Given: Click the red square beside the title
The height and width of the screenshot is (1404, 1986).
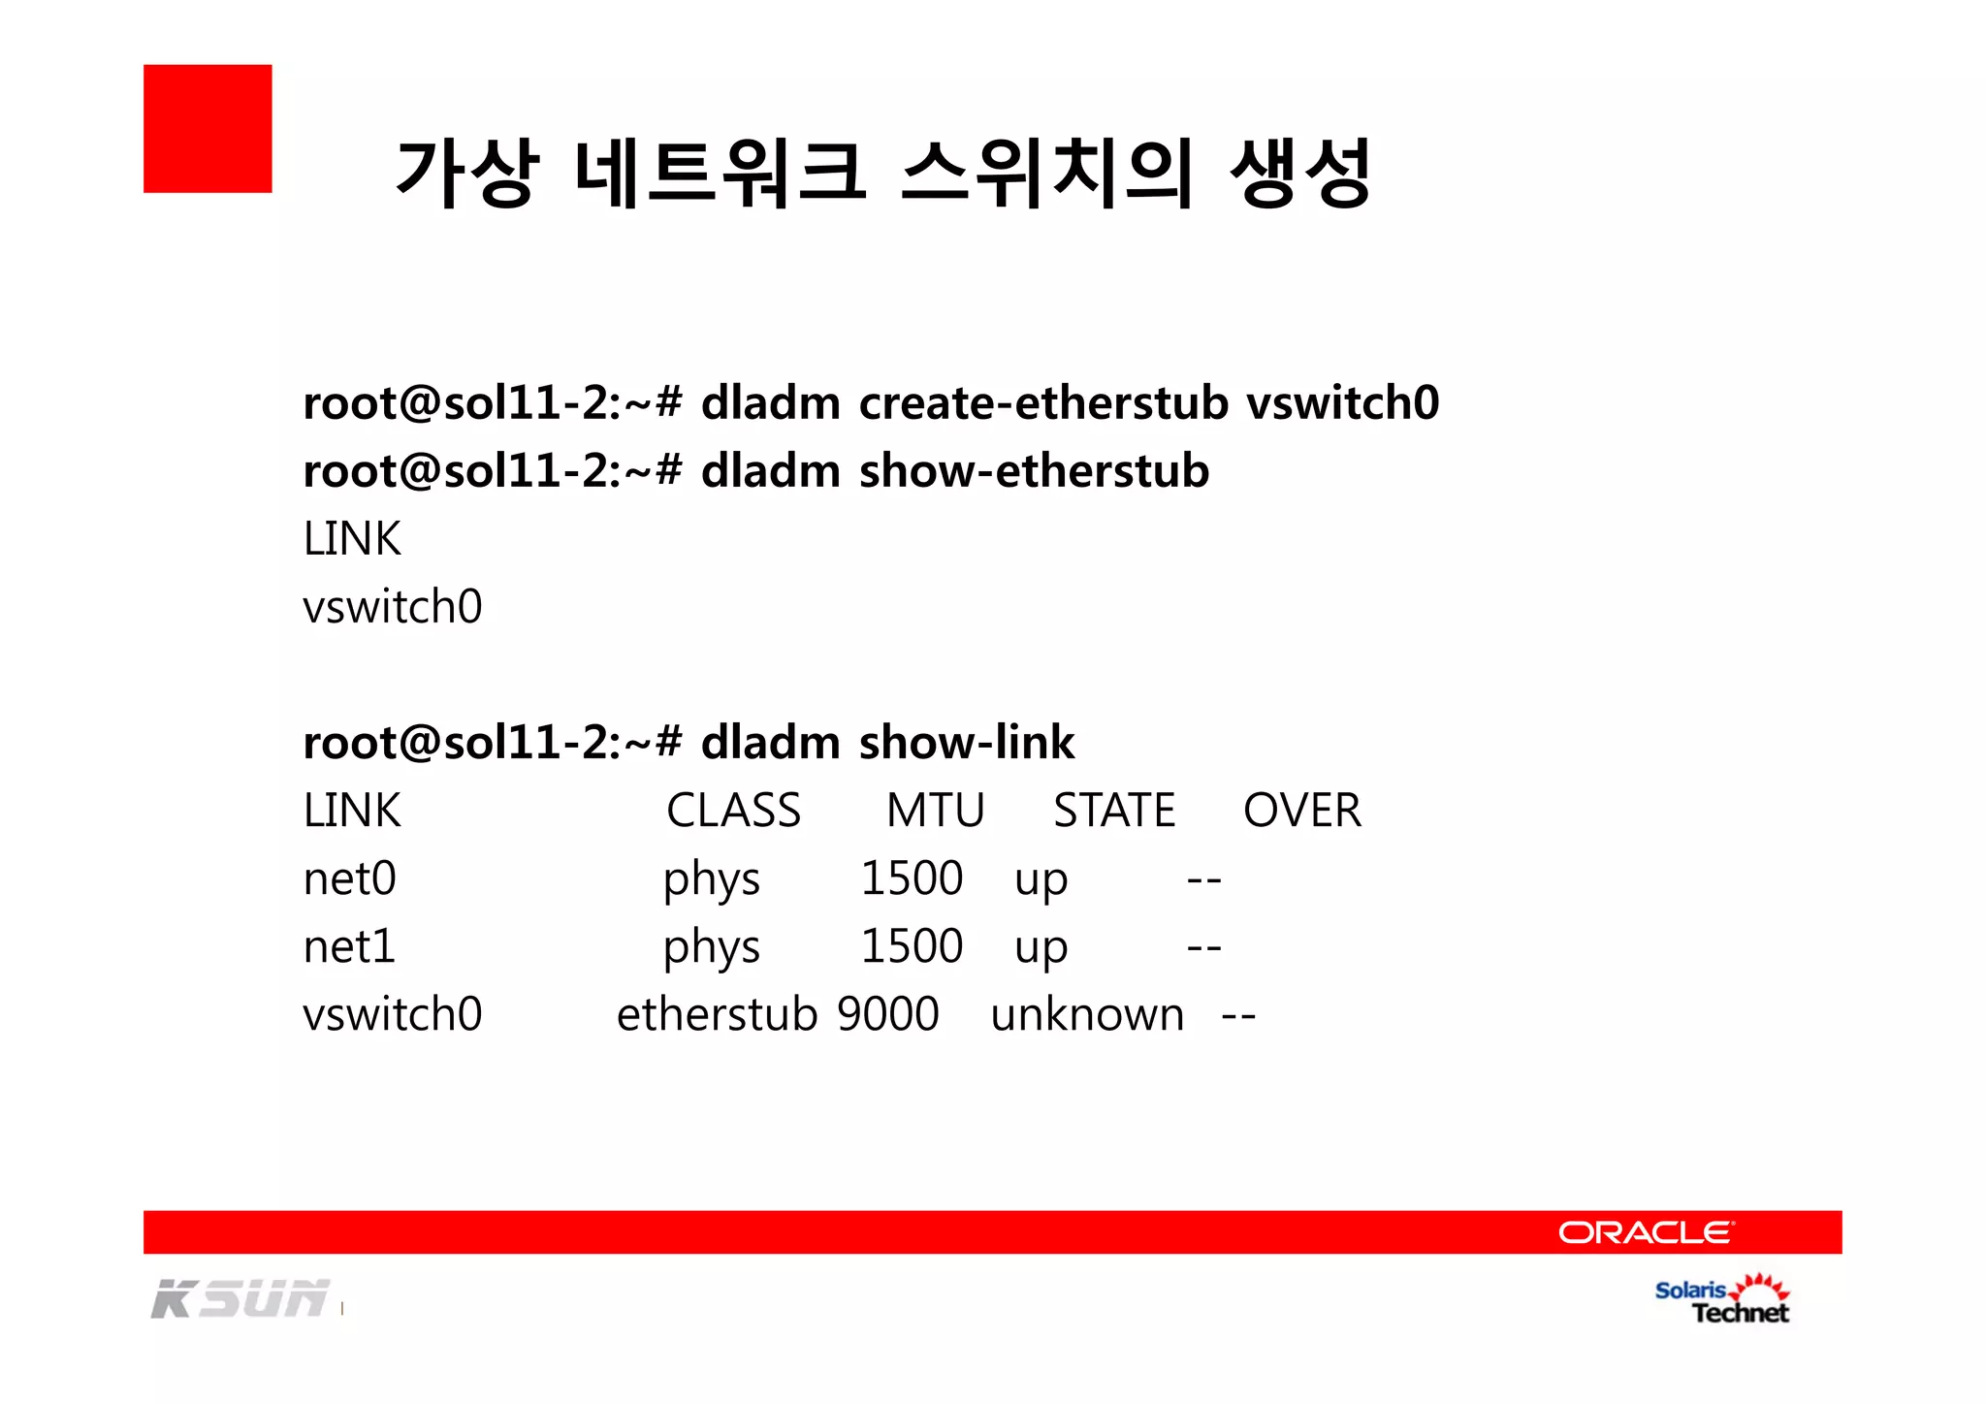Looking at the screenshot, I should pos(208,129).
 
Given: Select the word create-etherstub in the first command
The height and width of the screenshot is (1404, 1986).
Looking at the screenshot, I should pos(1043,402).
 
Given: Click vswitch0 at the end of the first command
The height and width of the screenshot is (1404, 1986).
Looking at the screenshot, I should pos(1342,402).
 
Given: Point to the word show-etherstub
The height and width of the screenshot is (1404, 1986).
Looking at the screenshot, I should pos(1034,471).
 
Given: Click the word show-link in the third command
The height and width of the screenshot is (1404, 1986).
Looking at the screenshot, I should pos(966,743).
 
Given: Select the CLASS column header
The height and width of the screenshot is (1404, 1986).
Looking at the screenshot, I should pos(733,811).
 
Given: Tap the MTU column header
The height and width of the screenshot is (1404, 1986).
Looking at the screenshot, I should pos(935,811).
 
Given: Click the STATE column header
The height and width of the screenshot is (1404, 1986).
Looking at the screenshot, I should pos(1114,811).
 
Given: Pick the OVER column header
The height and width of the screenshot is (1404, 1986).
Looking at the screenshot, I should pos(1302,811).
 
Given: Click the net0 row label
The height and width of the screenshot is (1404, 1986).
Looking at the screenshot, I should pos(350,878).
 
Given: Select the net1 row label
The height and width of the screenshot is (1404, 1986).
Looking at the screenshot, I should pos(350,946).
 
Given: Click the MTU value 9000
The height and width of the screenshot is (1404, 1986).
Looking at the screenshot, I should pos(888,1014).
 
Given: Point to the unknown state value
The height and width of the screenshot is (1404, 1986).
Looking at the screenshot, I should pos(1087,1014).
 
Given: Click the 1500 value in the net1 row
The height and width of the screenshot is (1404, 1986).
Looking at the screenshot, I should pos(912,946).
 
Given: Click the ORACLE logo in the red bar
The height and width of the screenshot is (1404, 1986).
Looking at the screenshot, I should pos(1646,1232).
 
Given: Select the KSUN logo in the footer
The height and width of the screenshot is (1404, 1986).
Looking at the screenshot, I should pos(240,1299).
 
